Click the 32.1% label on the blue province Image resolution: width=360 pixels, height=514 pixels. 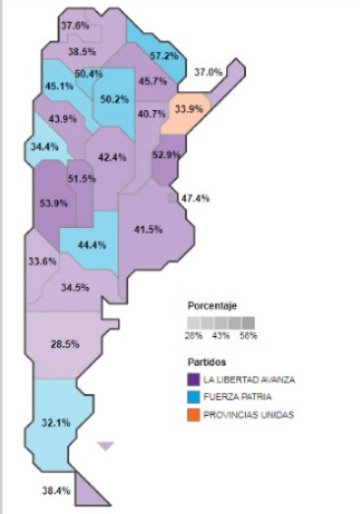coord(56,423)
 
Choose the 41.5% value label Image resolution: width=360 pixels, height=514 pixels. coord(147,229)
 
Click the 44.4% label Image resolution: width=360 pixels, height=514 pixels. coord(90,245)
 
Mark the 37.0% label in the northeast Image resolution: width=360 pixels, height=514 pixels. coord(208,72)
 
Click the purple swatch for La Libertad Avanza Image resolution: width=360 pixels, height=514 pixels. coord(194,378)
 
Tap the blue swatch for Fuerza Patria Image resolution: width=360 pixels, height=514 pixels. coord(194,396)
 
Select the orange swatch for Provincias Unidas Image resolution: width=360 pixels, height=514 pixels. coord(194,414)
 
